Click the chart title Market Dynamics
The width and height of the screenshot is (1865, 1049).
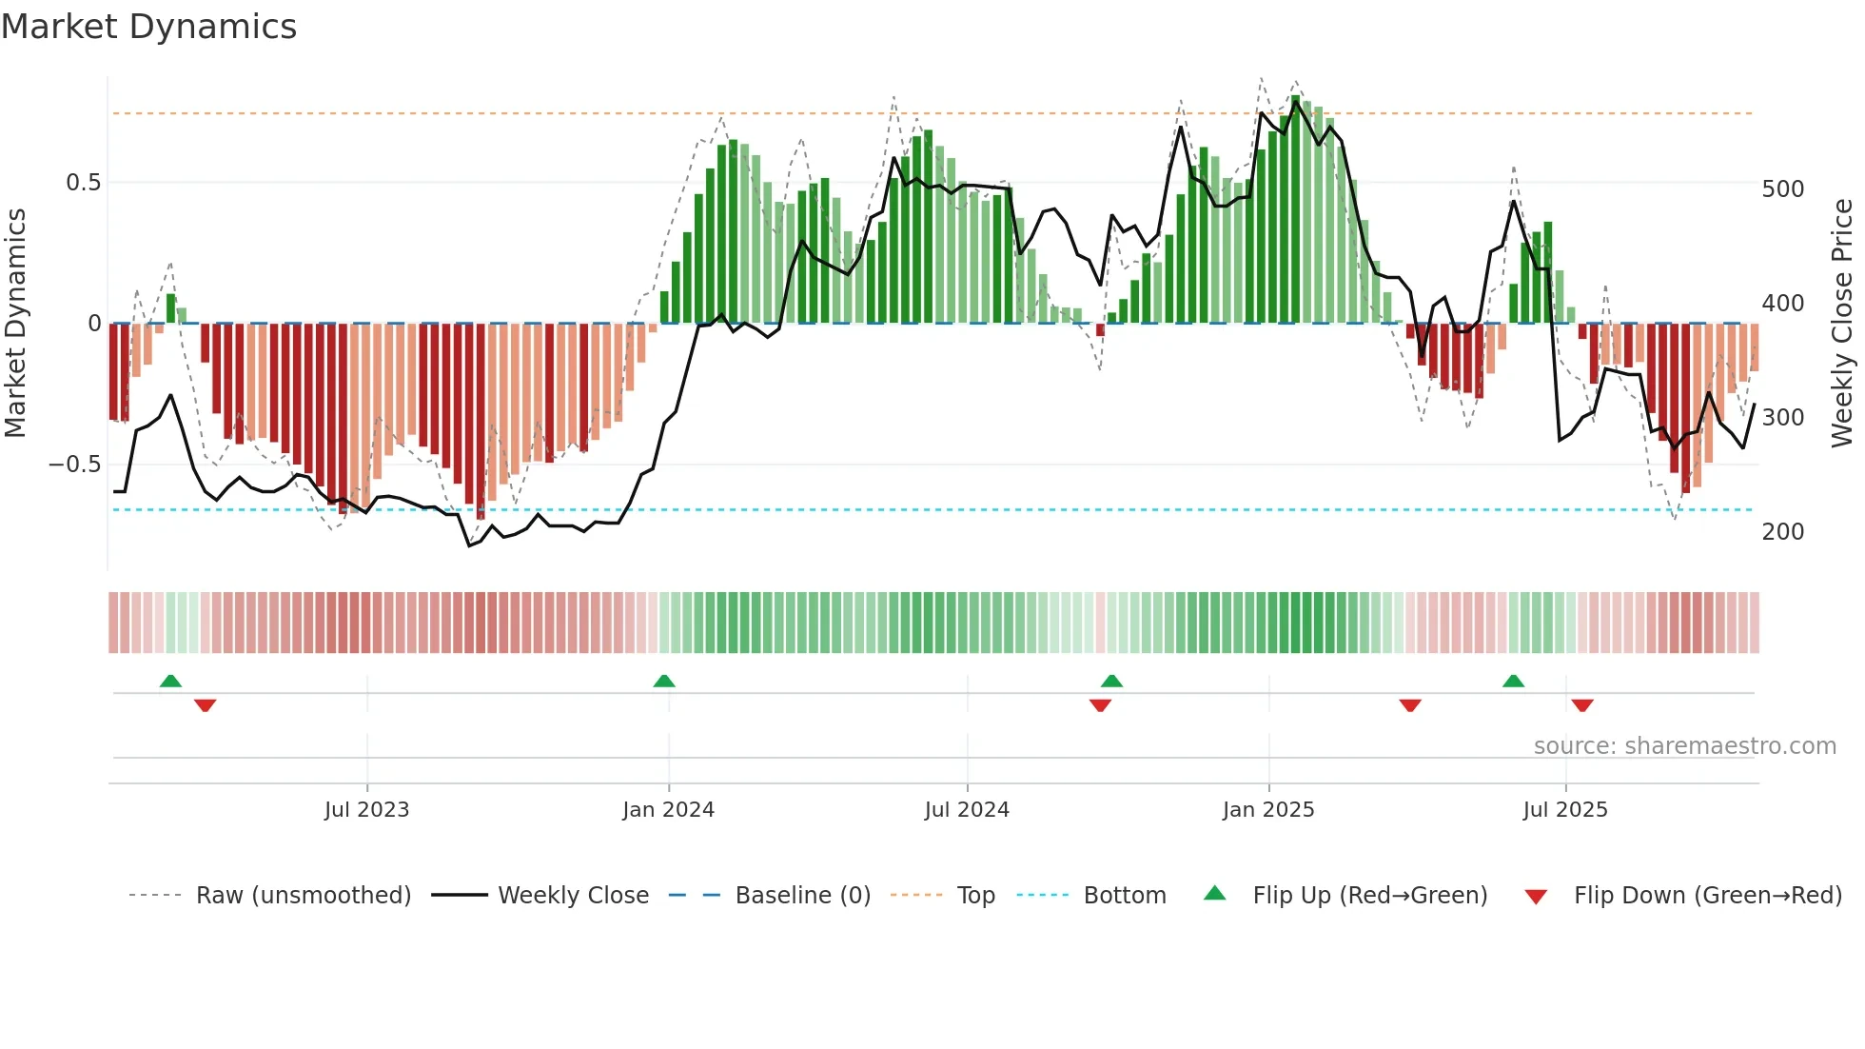(149, 27)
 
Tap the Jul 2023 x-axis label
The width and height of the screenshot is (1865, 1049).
(366, 810)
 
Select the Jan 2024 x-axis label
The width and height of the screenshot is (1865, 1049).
(668, 810)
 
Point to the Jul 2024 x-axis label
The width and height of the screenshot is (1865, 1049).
(967, 810)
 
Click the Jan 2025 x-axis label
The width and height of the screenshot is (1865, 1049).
(1268, 810)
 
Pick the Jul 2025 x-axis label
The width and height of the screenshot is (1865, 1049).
(1565, 810)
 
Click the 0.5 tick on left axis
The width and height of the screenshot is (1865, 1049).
(84, 183)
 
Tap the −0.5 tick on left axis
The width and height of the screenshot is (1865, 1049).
(75, 465)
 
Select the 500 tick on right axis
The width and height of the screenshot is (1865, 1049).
(1782, 189)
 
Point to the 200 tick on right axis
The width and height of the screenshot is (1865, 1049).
(1782, 532)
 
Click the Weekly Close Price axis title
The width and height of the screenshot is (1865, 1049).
(1842, 324)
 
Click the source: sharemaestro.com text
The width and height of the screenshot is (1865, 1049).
(1684, 746)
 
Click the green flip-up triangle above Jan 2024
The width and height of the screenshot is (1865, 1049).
(664, 681)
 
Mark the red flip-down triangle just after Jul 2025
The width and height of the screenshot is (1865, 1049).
(1582, 705)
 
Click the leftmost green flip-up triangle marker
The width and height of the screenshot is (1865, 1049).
(170, 681)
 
